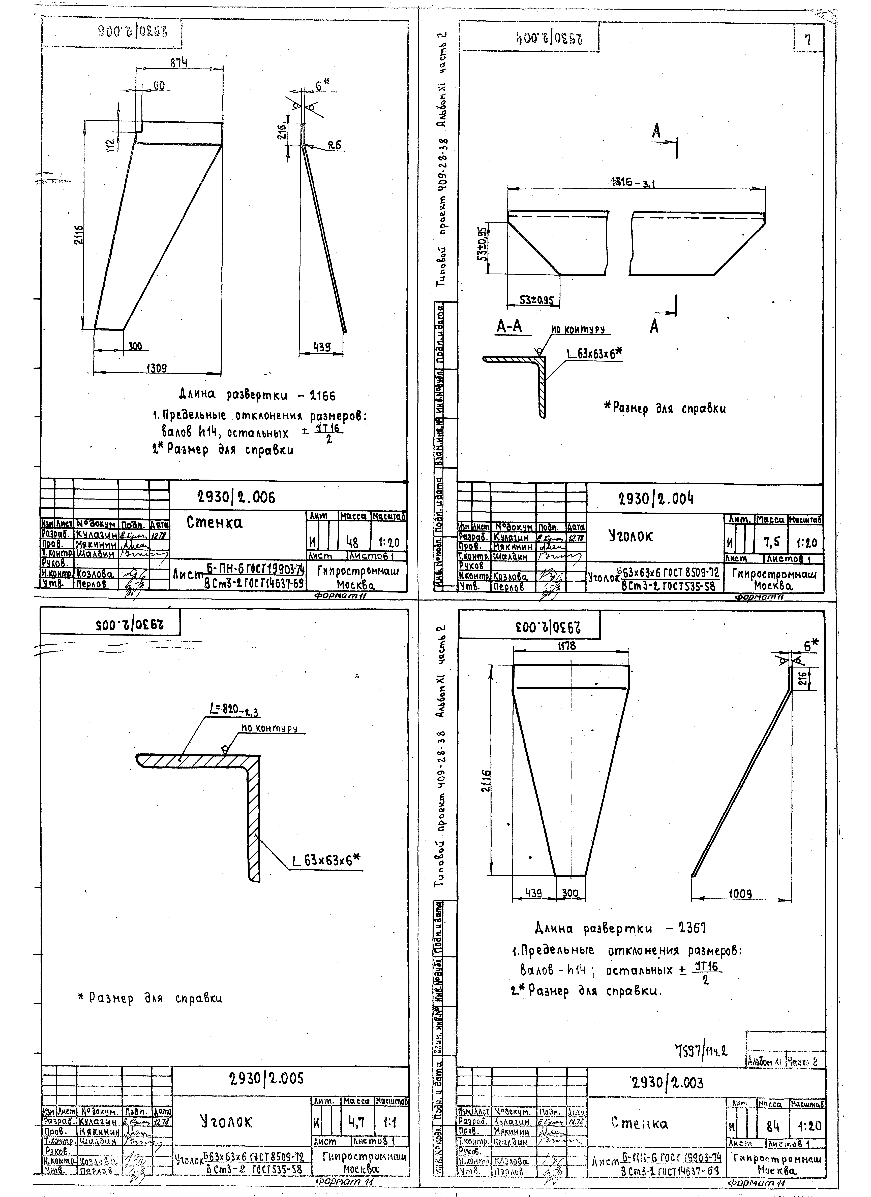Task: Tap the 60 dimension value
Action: [x=158, y=85]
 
